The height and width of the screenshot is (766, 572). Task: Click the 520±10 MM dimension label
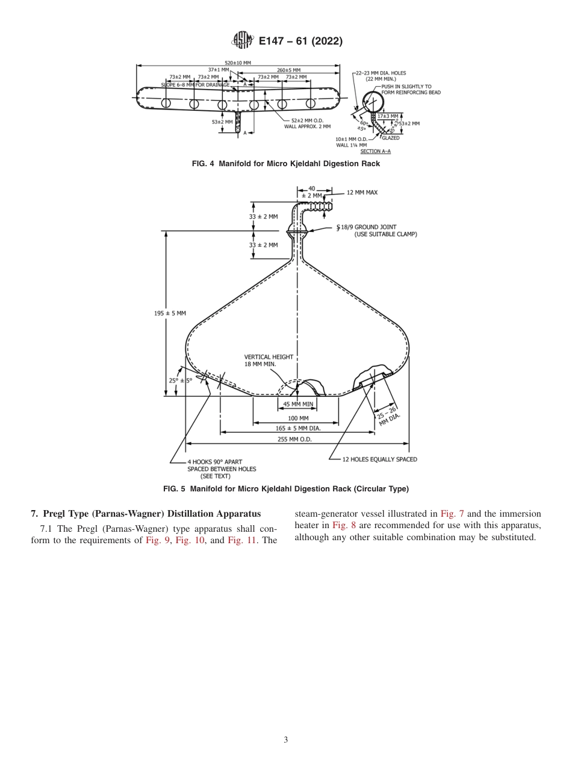pos(238,63)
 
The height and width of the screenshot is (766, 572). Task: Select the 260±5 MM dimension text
pos(288,70)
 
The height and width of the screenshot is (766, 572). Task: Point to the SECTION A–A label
pos(375,151)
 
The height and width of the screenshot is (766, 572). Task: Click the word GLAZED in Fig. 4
pos(390,138)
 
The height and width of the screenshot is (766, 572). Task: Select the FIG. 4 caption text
pos(285,164)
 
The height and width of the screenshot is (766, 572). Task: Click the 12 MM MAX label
pos(362,193)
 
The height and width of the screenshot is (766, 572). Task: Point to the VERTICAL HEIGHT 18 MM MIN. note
pos(269,361)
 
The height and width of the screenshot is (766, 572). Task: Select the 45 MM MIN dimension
pos(298,404)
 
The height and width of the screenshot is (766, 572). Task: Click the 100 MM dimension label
pos(298,418)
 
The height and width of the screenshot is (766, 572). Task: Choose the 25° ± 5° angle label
pos(180,381)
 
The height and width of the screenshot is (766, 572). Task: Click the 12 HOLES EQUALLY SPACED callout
pos(379,459)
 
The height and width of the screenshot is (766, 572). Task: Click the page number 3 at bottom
pos(286,740)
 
